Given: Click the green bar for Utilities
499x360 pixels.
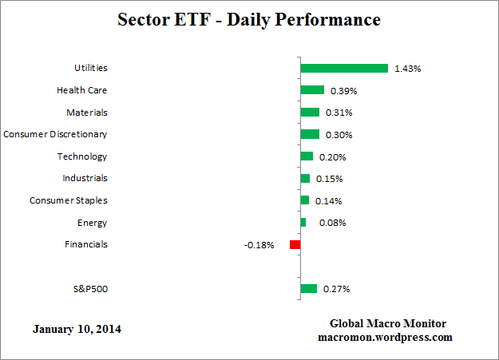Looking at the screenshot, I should tap(344, 69).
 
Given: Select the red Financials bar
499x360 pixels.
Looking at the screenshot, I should tap(295, 244).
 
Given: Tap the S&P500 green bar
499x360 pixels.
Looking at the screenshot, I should tap(309, 289).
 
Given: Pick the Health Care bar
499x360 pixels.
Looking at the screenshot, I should tap(312, 90).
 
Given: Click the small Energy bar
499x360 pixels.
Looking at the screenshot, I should tap(303, 223).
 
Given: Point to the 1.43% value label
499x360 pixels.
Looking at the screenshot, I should tap(407, 69).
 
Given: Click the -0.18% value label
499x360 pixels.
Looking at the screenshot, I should tap(259, 245).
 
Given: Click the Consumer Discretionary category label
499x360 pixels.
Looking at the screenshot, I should tap(55, 134).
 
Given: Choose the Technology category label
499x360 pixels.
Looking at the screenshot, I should tap(82, 156).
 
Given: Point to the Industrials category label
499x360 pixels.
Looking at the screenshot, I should tap(85, 178).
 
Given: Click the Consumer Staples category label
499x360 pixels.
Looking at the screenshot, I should tap(68, 200).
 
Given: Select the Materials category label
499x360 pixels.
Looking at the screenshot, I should tap(87, 113).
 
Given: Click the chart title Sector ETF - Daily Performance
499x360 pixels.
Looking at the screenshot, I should tap(249, 18).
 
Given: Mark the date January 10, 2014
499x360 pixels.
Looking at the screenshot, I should tap(77, 329).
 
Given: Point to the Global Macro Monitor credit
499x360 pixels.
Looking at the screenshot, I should tap(388, 323).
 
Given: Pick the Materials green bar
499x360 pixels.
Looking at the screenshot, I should tap(310, 113).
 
